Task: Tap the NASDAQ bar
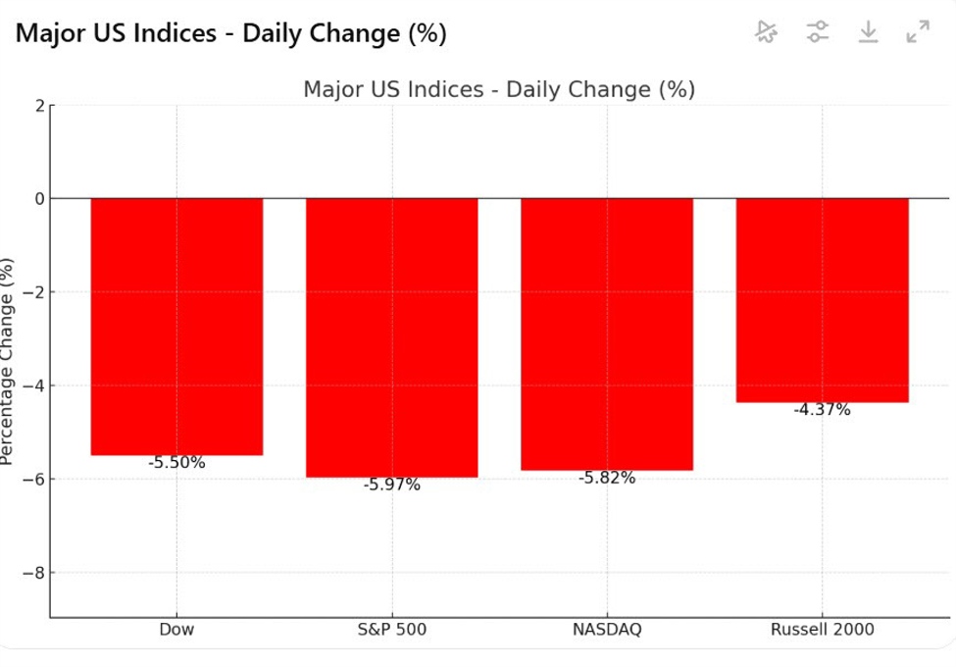pyautogui.click(x=606, y=334)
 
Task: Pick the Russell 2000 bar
pyautogui.click(x=822, y=300)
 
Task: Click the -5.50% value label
pyautogui.click(x=176, y=463)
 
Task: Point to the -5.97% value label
pyautogui.click(x=391, y=485)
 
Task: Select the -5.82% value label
pyautogui.click(x=606, y=478)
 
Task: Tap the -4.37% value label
pyautogui.click(x=822, y=410)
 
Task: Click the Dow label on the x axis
pyautogui.click(x=176, y=630)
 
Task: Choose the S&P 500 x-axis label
pyautogui.click(x=391, y=630)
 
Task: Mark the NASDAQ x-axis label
pyautogui.click(x=606, y=630)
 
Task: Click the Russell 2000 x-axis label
pyautogui.click(x=822, y=630)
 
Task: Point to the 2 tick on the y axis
pyautogui.click(x=38, y=106)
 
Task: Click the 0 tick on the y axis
pyautogui.click(x=38, y=199)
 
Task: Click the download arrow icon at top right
pyautogui.click(x=868, y=32)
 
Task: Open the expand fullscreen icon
pyautogui.click(x=918, y=32)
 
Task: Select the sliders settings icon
pyautogui.click(x=818, y=32)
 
